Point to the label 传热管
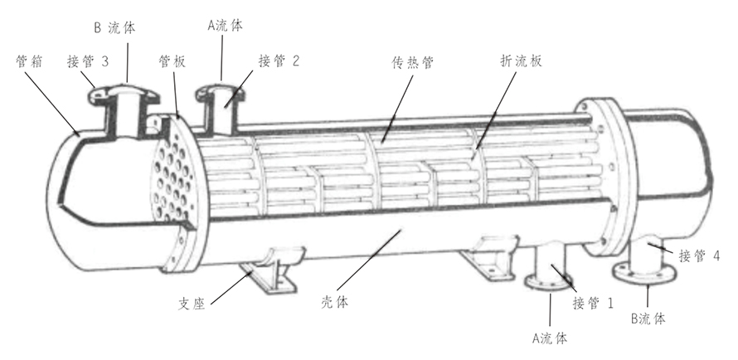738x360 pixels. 413,61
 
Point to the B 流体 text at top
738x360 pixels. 115,27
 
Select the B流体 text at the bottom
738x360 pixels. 649,318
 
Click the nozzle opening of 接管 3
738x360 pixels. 126,89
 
